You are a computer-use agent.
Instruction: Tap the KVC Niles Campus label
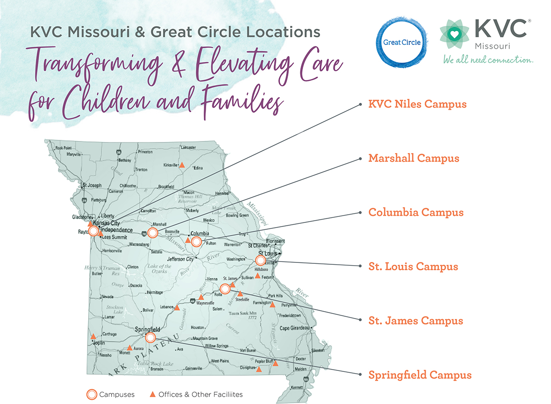tap(417, 104)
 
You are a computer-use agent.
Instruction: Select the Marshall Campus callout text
tap(414, 158)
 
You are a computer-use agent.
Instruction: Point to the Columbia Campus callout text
tap(416, 212)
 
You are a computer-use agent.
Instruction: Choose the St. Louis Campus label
tap(413, 267)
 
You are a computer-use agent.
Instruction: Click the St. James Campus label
tap(416, 320)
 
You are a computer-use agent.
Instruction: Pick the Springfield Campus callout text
tap(420, 375)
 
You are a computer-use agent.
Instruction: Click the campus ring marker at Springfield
tap(150, 338)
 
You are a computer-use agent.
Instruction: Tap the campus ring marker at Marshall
tap(153, 233)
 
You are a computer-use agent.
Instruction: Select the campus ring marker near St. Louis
tap(260, 261)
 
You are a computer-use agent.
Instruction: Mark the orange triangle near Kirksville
tap(181, 165)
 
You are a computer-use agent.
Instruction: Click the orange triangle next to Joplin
tap(94, 336)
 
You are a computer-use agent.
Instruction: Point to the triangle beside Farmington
tap(272, 304)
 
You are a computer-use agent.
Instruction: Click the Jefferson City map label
tap(180, 259)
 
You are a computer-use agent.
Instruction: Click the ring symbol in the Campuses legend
tap(92, 394)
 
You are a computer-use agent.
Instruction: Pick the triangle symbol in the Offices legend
tap(153, 394)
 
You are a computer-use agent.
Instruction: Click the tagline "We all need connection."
tap(488, 60)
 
